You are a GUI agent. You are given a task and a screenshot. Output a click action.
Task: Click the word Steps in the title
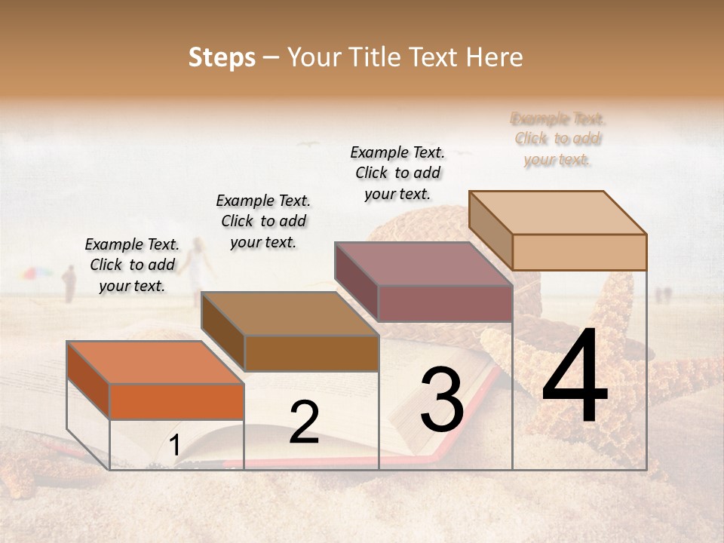click(x=222, y=57)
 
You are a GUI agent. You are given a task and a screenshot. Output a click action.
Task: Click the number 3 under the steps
click(x=442, y=400)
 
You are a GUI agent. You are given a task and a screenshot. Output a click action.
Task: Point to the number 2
click(x=304, y=422)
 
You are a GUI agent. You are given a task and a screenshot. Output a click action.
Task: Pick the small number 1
click(x=174, y=446)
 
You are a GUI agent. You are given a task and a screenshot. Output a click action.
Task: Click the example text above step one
click(x=132, y=265)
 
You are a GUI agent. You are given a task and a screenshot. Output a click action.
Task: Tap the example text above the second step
click(x=263, y=221)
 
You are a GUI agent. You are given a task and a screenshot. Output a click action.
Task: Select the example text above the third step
click(x=397, y=173)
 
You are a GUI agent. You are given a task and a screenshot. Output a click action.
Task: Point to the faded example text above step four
click(x=558, y=139)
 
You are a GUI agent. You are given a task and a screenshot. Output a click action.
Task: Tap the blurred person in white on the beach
click(x=198, y=264)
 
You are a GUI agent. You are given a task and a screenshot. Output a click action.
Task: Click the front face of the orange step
click(x=176, y=401)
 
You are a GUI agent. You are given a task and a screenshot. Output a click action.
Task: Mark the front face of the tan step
click(x=579, y=252)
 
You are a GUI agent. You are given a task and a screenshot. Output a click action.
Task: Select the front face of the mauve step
click(x=445, y=303)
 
